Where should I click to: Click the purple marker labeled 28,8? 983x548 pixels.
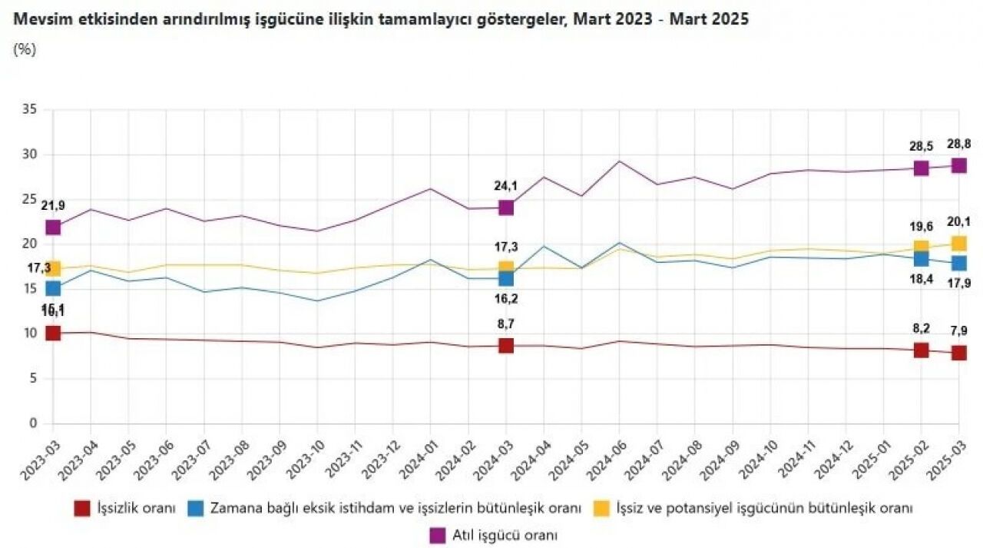pyautogui.click(x=958, y=165)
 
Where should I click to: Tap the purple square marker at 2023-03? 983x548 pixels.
pyautogui.click(x=53, y=227)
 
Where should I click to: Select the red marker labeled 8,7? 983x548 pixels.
pyautogui.click(x=506, y=345)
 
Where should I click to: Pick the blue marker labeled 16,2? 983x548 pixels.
pyautogui.click(x=506, y=278)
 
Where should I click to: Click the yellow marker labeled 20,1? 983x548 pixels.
pyautogui.click(x=958, y=243)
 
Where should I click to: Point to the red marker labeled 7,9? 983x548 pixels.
pyautogui.click(x=958, y=353)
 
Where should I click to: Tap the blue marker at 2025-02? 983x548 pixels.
pyautogui.click(x=921, y=258)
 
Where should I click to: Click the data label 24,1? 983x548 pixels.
pyautogui.click(x=506, y=185)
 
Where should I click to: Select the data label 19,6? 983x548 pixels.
pyautogui.click(x=921, y=227)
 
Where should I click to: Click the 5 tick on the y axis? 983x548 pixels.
pyautogui.click(x=32, y=378)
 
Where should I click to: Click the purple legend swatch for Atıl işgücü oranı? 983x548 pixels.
pyautogui.click(x=438, y=535)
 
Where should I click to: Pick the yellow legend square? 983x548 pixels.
pyautogui.click(x=603, y=508)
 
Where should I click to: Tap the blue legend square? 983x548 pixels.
pyautogui.click(x=196, y=508)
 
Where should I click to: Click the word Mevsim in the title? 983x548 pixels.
pyautogui.click(x=39, y=18)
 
